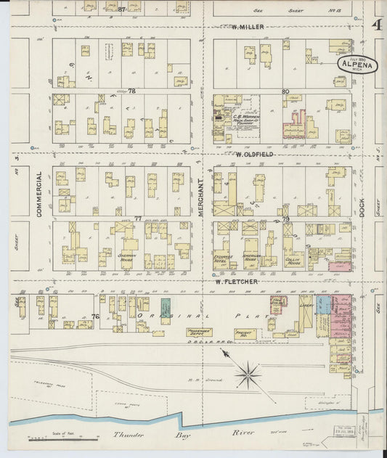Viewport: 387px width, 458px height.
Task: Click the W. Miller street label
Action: click(x=248, y=27)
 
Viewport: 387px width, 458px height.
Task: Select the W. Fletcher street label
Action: click(x=236, y=281)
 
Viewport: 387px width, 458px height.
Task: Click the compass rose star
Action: click(x=248, y=375)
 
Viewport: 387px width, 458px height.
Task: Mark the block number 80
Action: click(x=286, y=91)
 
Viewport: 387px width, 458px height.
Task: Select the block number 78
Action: click(x=131, y=91)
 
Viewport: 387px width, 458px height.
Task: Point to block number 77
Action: click(x=137, y=218)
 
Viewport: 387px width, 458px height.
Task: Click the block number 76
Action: click(x=95, y=316)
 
